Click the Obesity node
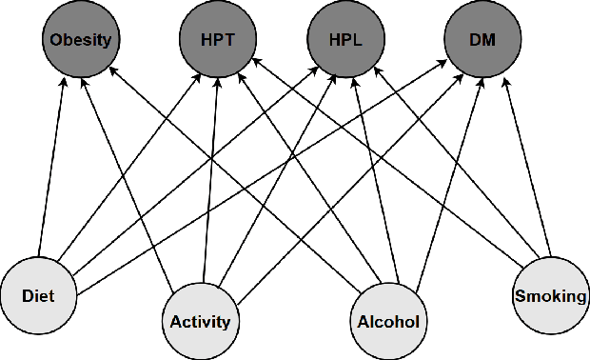(80, 41)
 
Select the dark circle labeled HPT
(215, 41)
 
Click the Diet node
(38, 295)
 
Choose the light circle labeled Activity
(200, 321)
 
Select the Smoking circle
(550, 295)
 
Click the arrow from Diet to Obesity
(52, 167)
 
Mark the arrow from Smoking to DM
(526, 162)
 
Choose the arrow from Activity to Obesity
(133, 181)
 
